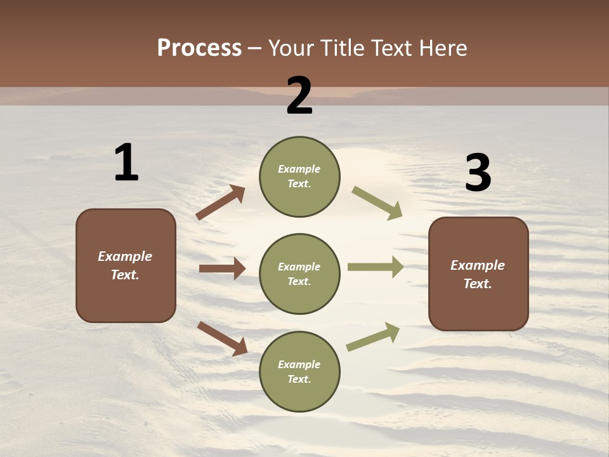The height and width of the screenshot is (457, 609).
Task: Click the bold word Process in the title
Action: (x=199, y=48)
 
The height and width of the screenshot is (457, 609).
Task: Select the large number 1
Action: (x=126, y=162)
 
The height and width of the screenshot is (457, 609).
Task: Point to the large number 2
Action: (x=299, y=96)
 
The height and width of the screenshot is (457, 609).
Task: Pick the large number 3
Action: (x=478, y=173)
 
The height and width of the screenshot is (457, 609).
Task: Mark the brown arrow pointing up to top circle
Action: (x=221, y=202)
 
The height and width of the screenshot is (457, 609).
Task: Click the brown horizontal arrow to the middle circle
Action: (x=222, y=268)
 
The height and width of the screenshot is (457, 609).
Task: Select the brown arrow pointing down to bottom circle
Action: (x=222, y=338)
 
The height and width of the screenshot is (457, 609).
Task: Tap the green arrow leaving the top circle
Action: (x=377, y=202)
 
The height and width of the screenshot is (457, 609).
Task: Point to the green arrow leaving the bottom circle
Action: (x=373, y=337)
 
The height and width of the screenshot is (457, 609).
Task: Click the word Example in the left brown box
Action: (x=125, y=256)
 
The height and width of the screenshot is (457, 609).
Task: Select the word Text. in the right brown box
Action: (x=478, y=284)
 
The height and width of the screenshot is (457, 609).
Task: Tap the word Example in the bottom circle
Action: (x=299, y=364)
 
